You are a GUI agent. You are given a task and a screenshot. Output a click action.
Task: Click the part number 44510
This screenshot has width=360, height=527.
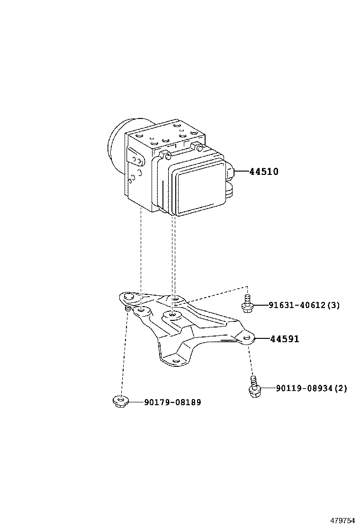click(264, 172)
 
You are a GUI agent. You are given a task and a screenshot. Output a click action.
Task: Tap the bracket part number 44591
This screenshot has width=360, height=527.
click(285, 339)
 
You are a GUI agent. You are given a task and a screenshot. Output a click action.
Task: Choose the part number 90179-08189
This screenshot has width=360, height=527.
click(172, 402)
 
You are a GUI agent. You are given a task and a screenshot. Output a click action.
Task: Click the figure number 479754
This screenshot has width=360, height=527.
click(342, 520)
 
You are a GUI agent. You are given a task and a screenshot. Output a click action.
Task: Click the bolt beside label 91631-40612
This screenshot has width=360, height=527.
click(246, 304)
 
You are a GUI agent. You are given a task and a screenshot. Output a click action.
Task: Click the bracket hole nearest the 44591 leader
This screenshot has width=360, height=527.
click(246, 337)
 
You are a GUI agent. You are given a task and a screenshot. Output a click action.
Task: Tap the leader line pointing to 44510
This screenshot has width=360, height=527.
click(242, 172)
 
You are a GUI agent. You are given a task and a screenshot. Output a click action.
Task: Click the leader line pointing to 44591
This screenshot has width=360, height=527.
click(262, 339)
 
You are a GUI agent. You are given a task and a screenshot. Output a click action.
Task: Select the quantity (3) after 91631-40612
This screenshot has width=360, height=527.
click(333, 305)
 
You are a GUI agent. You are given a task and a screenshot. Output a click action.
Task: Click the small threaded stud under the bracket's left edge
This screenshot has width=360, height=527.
click(128, 309)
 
